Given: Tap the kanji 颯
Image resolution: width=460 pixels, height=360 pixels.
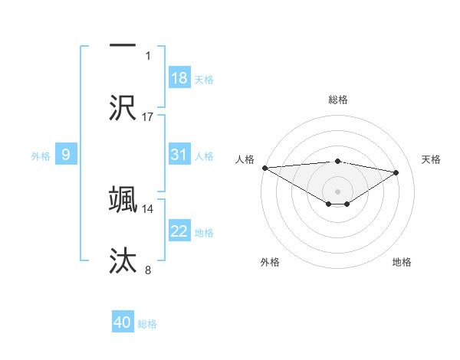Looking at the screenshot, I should pyautogui.click(x=123, y=199).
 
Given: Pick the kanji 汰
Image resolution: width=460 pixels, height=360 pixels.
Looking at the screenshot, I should pyautogui.click(x=123, y=261).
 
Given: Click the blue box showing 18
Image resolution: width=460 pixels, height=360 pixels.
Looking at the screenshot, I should pyautogui.click(x=179, y=78).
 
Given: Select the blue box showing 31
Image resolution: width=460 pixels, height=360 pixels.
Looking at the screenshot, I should pyautogui.click(x=179, y=155).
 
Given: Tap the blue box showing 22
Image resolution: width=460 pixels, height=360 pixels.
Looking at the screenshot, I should pyautogui.click(x=179, y=231).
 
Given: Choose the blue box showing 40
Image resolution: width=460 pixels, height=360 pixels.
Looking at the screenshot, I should pyautogui.click(x=123, y=322).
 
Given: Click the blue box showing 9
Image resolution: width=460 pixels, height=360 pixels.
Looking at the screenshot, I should pyautogui.click(x=66, y=155).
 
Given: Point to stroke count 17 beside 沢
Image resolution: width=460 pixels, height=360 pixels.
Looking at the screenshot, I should pyautogui.click(x=148, y=116).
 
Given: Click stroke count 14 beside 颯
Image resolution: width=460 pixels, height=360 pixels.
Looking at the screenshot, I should pyautogui.click(x=148, y=208).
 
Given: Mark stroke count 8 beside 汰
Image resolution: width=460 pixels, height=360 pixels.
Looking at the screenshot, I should pyautogui.click(x=148, y=270).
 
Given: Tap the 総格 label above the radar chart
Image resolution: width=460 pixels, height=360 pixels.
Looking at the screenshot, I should pyautogui.click(x=337, y=100).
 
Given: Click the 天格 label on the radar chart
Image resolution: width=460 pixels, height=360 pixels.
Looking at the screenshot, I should pyautogui.click(x=431, y=159).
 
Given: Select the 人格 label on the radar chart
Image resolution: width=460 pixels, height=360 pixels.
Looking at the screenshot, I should pyautogui.click(x=245, y=159).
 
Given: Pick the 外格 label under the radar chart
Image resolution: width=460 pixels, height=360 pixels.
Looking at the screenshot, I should pyautogui.click(x=270, y=262).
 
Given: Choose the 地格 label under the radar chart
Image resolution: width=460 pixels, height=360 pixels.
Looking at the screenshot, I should pyautogui.click(x=402, y=262).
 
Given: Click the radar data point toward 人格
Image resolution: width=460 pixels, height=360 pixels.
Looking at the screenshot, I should pyautogui.click(x=264, y=167).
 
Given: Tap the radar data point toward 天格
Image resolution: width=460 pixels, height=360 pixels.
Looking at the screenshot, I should pyautogui.click(x=396, y=172).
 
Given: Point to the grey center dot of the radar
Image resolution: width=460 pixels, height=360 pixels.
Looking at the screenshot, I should pyautogui.click(x=337, y=191).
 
